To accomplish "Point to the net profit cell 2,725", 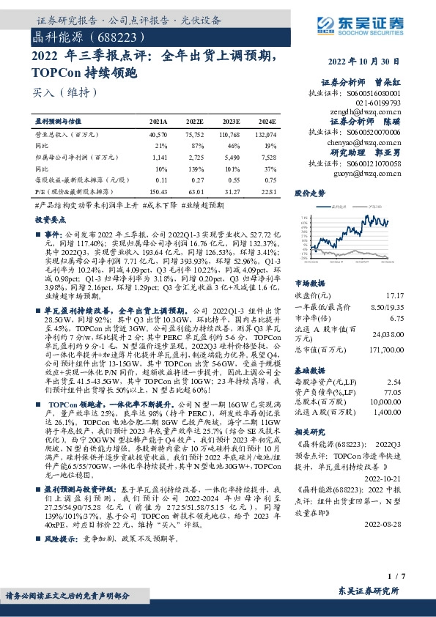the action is tap(194, 158).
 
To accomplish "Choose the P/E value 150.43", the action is tap(158, 191).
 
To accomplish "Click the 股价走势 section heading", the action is tap(309, 193).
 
